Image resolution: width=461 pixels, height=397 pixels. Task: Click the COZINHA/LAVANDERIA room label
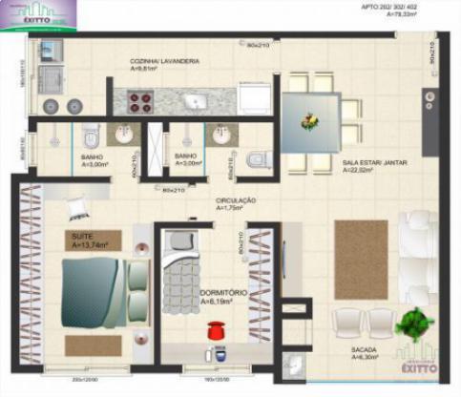pyautogui.click(x=165, y=61)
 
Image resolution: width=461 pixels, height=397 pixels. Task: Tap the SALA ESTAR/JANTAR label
pyautogui.click(x=375, y=163)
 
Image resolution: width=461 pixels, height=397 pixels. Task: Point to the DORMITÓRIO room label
pyautogui.click(x=224, y=292)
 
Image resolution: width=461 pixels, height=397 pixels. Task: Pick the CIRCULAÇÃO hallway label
pyautogui.click(x=235, y=200)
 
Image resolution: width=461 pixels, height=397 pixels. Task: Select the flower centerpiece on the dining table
pyautogui.click(x=310, y=121)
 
